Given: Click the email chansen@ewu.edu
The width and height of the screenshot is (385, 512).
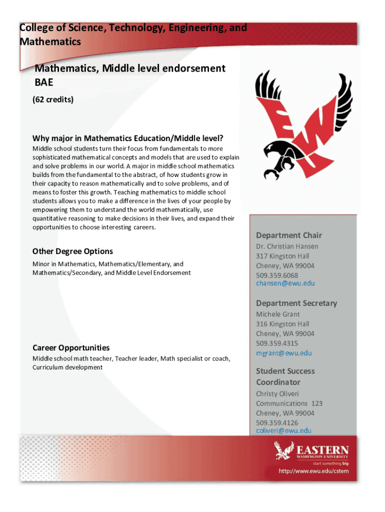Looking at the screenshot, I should (285, 283).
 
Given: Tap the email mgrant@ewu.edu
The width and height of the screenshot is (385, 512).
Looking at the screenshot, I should (283, 353).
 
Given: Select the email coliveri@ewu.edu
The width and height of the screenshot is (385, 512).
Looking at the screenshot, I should (283, 430).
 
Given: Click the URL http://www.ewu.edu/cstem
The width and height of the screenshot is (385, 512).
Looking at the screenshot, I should (313, 471).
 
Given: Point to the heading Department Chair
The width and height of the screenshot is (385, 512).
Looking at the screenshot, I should (289, 235).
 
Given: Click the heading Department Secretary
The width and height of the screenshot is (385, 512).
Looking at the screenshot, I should (296, 303).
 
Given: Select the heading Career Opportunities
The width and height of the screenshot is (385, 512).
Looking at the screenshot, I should (71, 347).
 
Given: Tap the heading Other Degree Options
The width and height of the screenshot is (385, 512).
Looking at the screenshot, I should (72, 251).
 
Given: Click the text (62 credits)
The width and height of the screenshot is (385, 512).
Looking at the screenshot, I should (53, 99).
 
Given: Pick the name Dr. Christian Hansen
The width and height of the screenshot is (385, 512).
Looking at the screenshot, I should (287, 246).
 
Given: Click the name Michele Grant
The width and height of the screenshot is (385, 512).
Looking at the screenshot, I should (278, 314).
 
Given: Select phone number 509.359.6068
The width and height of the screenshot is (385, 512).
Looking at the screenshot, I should (277, 275).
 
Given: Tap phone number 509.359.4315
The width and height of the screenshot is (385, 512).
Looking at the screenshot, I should (277, 343).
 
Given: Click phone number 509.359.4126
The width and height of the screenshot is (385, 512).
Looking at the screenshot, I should (277, 423).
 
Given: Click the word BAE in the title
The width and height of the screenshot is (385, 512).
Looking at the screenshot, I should (43, 82).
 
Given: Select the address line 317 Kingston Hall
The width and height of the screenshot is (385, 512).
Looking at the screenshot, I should (282, 256).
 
